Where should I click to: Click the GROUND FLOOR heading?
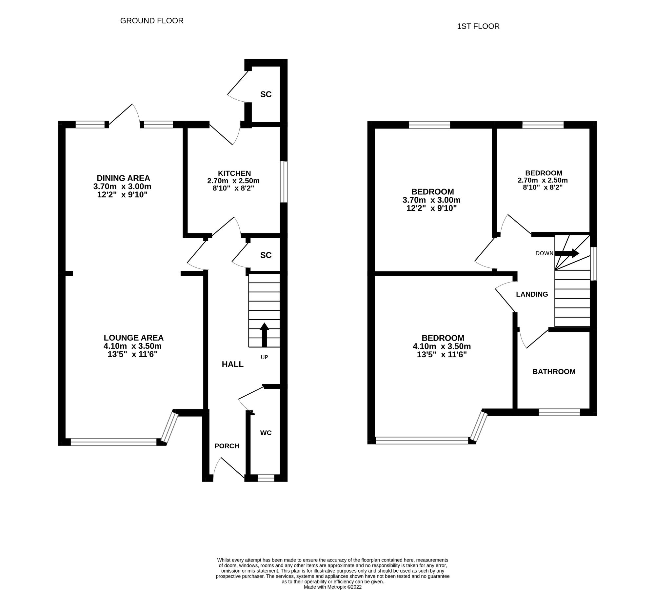click(x=151, y=21)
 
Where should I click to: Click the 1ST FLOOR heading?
click(x=478, y=26)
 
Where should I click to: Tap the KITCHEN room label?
click(x=234, y=173)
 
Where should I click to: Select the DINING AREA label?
click(x=123, y=178)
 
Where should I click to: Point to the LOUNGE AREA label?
click(x=133, y=338)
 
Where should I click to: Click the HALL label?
click(x=232, y=364)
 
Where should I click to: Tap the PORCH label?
click(x=227, y=446)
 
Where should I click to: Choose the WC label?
click(x=266, y=433)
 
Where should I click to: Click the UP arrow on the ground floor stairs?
click(x=264, y=334)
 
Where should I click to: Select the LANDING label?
click(x=532, y=294)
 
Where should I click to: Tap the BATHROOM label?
click(x=554, y=371)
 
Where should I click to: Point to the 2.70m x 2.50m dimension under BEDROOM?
click(x=543, y=180)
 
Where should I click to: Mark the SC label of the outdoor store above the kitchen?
click(x=266, y=94)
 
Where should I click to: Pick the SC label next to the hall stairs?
click(x=266, y=255)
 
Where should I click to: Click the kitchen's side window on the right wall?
click(x=284, y=182)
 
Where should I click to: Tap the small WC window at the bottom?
click(x=266, y=478)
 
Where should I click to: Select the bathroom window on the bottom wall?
click(x=559, y=412)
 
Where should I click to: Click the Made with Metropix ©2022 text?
click(x=332, y=587)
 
